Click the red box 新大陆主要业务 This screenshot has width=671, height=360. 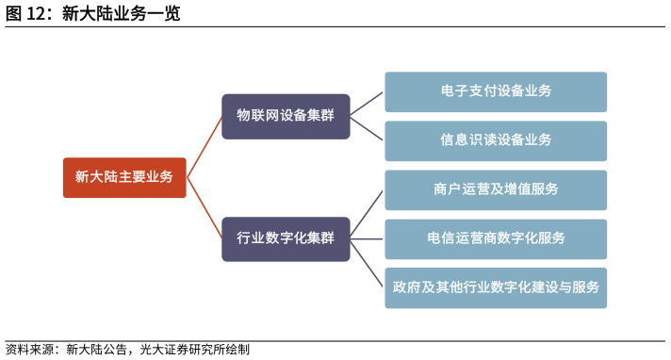point(124,177)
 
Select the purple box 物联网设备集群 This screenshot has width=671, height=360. point(286,116)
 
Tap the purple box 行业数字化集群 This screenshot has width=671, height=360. point(286,238)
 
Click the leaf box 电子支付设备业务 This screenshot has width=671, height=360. point(496,91)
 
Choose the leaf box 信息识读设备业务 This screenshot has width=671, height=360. point(496,140)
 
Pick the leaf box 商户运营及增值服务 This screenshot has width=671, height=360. point(496,189)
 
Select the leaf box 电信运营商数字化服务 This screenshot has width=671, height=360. point(496,238)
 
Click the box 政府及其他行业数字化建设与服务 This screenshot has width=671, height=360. point(496,287)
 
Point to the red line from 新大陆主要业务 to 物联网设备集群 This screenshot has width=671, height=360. point(205,147)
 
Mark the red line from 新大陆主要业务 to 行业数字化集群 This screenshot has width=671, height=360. point(205,207)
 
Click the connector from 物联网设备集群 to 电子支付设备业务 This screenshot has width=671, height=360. point(367,104)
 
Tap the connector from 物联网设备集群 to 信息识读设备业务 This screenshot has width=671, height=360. point(367,128)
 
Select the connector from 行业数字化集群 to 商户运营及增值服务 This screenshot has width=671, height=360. point(367,214)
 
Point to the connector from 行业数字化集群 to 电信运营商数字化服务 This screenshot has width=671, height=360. point(367,238)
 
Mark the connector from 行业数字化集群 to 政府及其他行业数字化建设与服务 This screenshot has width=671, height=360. point(367,263)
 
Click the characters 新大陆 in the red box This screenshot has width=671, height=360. point(94,177)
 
